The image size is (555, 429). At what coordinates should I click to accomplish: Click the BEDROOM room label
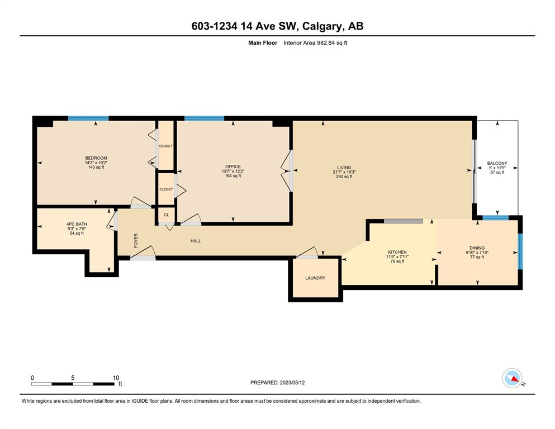[x=96, y=158]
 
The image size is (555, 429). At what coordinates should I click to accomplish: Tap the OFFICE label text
[x=233, y=166]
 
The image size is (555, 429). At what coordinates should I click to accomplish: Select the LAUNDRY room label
[x=315, y=278]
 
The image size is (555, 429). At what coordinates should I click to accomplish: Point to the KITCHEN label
[x=397, y=252]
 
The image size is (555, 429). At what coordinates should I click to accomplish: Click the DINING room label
[x=477, y=248]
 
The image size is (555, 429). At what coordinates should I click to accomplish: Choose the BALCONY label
[x=497, y=163]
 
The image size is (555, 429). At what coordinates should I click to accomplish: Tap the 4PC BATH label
[x=77, y=224]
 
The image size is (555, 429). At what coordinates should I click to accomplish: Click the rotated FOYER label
[x=136, y=241]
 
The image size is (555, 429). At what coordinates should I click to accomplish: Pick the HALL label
[x=196, y=241]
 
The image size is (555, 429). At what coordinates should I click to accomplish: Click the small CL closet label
[x=167, y=214]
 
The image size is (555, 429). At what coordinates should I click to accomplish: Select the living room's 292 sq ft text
[x=344, y=177]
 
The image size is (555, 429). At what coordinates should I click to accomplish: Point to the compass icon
[x=512, y=378]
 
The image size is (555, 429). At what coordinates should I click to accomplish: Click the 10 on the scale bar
[x=116, y=378]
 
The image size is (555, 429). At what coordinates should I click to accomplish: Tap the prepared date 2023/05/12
[x=292, y=383]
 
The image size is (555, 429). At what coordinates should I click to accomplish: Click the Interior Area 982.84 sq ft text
[x=315, y=43]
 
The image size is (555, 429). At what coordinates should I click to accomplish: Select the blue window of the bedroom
[x=88, y=118]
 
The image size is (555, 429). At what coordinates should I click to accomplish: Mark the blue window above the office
[x=204, y=118]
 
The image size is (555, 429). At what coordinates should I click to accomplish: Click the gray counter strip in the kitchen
[x=403, y=221]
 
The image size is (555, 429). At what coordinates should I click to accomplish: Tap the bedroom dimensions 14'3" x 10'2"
[x=96, y=163]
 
